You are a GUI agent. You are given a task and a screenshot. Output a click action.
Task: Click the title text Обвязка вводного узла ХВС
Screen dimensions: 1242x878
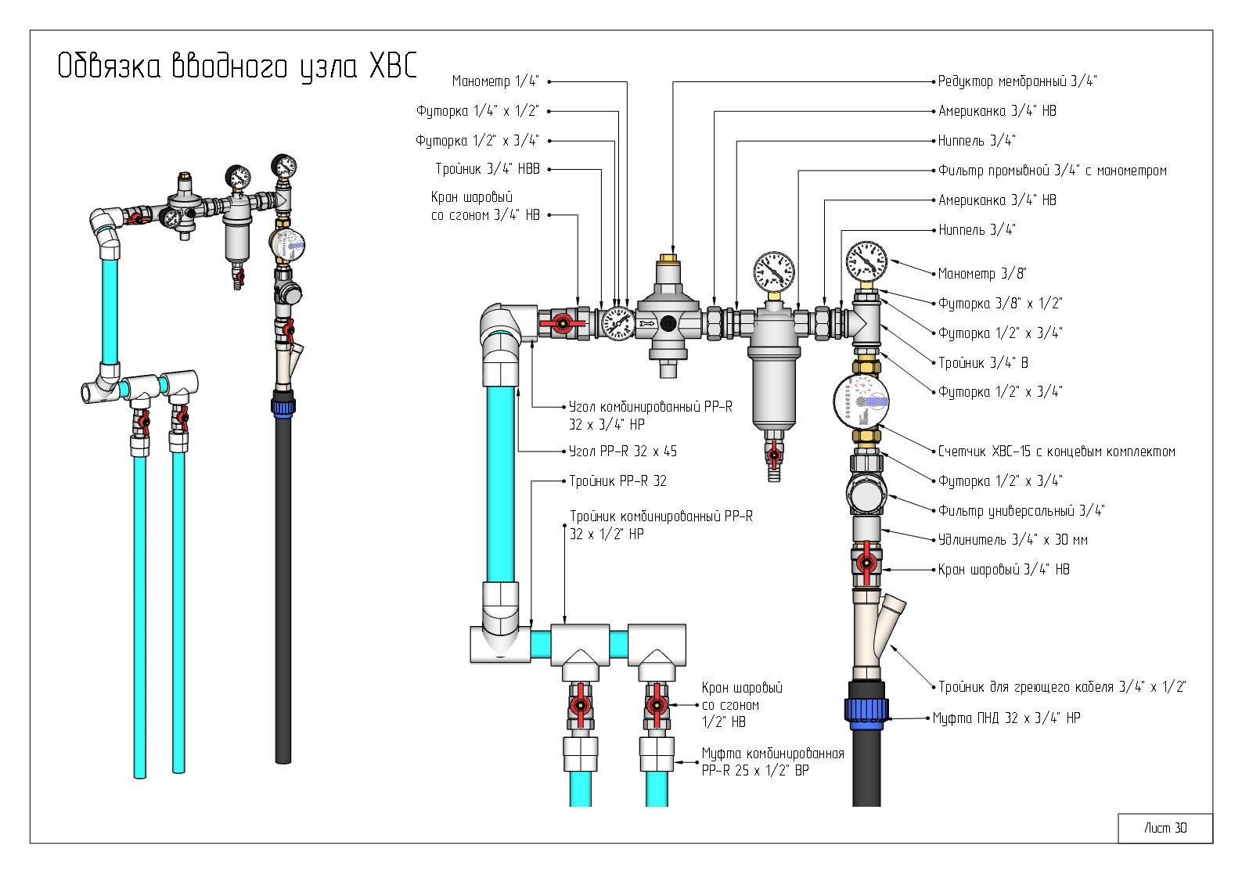(237, 67)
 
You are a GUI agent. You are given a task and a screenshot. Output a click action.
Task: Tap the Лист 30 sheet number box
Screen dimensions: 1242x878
(1165, 828)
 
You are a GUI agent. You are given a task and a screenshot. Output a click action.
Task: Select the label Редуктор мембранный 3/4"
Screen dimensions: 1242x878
(1017, 81)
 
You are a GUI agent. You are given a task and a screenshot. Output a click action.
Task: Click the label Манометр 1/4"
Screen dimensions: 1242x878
(495, 81)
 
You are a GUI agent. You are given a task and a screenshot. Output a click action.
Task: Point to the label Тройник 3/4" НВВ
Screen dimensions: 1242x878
(488, 169)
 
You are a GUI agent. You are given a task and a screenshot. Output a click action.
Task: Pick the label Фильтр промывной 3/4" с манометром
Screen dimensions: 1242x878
(1053, 170)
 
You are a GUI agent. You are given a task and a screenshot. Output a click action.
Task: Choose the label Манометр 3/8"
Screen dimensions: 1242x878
(982, 273)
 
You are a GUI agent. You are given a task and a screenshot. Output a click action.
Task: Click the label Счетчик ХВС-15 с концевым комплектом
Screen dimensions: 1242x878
(1057, 452)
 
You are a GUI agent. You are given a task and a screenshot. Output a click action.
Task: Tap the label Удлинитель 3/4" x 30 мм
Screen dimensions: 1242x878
(1013, 539)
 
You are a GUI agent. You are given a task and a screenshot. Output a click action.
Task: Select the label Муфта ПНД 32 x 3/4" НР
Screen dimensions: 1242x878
(1006, 718)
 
